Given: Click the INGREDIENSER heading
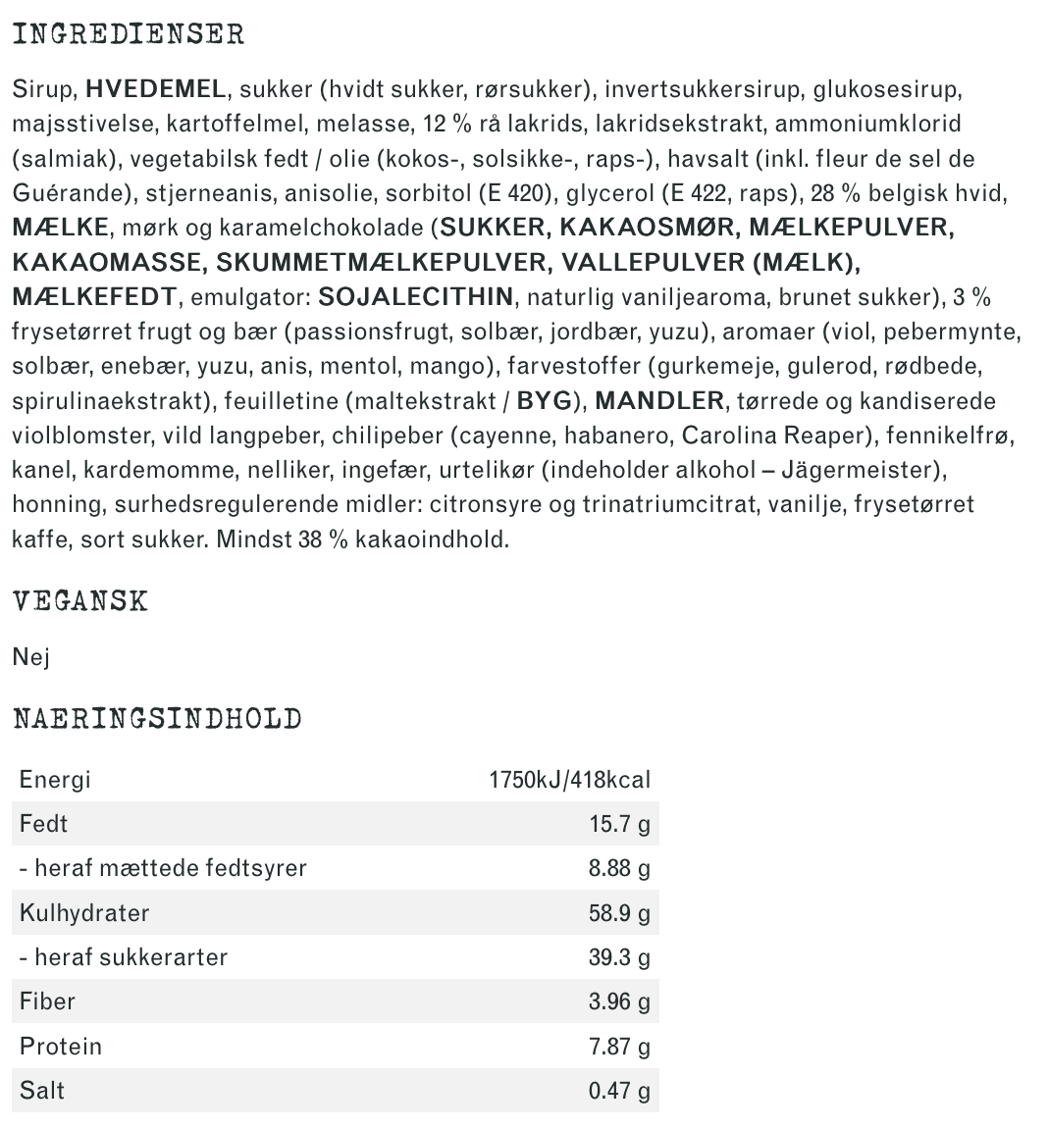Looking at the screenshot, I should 129,34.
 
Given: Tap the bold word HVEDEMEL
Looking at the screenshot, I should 155,90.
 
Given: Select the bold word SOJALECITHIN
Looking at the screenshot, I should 416,296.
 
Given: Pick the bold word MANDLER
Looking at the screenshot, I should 658,400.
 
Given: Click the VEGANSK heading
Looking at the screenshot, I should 80,600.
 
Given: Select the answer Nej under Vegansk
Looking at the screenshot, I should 30,656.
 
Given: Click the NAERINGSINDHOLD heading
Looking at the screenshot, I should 157,719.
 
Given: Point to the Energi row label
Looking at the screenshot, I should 55,780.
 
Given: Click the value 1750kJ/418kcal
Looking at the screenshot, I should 569,780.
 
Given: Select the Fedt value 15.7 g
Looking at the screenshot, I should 619,824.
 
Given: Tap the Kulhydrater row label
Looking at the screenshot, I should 84,913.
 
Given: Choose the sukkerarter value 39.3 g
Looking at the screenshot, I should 619,957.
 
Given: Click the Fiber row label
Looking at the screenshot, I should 47,1002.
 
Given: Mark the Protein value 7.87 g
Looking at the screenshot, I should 619,1047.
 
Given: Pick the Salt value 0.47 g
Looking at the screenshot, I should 619,1091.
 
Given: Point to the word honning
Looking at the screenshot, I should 58,504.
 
